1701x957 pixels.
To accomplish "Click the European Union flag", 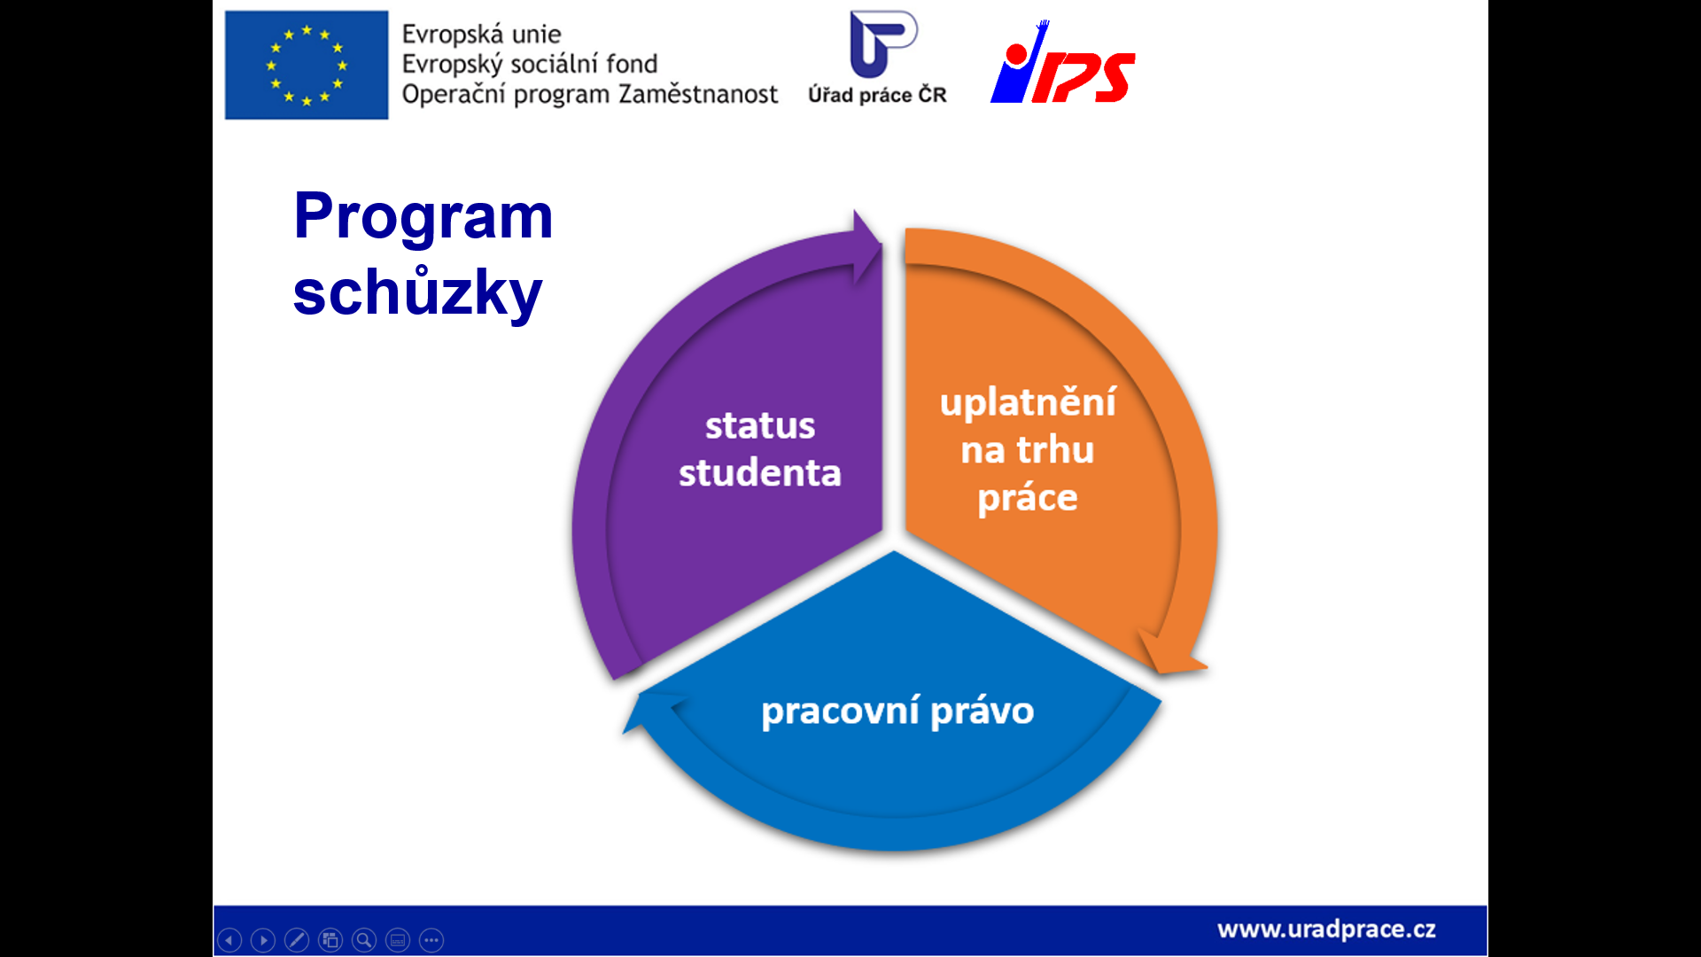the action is (307, 65).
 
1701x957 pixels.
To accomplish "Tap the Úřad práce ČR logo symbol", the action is (883, 44).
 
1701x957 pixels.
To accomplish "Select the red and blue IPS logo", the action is (1063, 62).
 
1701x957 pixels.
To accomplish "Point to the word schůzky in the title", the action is (417, 292).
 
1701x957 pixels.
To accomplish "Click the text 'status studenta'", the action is (760, 449).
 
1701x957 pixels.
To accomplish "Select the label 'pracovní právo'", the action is (897, 712).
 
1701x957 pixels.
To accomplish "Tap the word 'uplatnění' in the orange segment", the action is (1028, 403).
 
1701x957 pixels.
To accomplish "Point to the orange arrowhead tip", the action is (1208, 666).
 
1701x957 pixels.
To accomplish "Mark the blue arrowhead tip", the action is (624, 733).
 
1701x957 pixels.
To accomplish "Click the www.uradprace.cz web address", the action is (1326, 930).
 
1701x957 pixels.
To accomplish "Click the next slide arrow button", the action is (263, 940).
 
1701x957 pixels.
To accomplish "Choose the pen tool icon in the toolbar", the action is (297, 940).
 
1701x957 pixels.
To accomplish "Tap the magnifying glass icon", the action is (364, 940).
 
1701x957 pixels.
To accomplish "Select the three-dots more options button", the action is (431, 940).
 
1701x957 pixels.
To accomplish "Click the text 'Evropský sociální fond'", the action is (530, 65).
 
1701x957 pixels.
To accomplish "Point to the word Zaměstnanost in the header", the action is (698, 94).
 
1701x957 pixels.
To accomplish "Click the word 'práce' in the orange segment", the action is (1028, 499).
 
